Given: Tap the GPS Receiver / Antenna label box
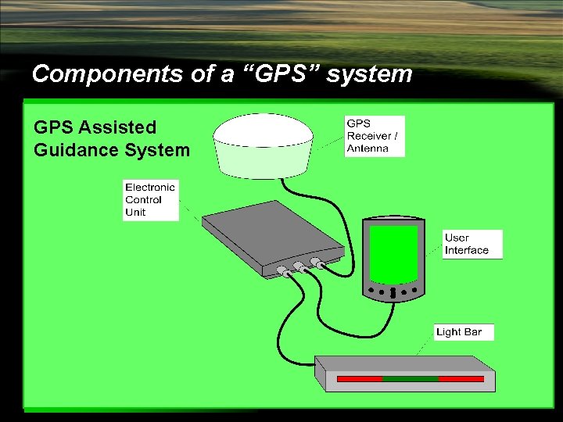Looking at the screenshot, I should (x=375, y=136).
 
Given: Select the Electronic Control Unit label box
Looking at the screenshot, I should (x=150, y=200).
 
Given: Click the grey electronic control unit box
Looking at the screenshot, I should (x=266, y=234).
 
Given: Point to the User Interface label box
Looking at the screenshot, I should (x=472, y=244).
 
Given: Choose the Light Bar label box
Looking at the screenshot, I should (x=464, y=332).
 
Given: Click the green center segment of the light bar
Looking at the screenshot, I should (x=411, y=379).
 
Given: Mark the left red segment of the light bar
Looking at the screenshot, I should (x=360, y=379).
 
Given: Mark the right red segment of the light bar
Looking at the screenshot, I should (x=461, y=379).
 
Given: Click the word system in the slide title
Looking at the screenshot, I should (x=369, y=74).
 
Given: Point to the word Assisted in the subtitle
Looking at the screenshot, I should (x=117, y=127).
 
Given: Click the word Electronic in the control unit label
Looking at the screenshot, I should (x=150, y=188).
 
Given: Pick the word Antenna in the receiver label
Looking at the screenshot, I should (x=368, y=148).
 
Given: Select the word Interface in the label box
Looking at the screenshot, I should (x=467, y=250).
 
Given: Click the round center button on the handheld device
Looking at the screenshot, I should (x=393, y=293).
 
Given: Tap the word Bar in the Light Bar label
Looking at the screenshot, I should (x=473, y=332).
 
